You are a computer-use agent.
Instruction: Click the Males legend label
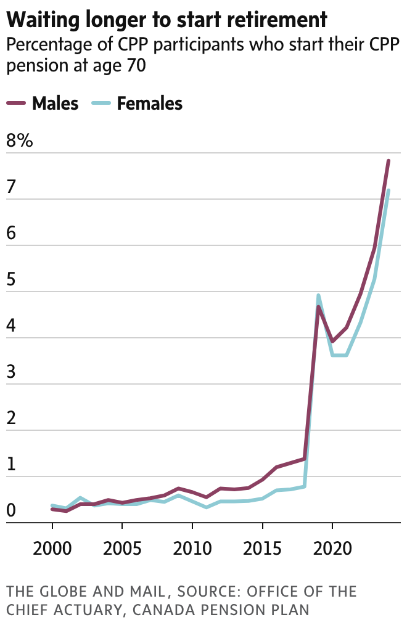[55, 104]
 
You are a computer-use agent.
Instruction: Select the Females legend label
[150, 104]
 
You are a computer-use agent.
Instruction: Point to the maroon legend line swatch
[17, 103]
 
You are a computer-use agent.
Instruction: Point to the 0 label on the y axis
[10, 510]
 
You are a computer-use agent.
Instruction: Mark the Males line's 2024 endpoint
[388, 161]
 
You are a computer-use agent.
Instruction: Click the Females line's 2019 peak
[318, 295]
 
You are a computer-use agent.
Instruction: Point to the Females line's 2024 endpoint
[388, 190]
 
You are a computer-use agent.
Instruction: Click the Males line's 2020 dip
[332, 341]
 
